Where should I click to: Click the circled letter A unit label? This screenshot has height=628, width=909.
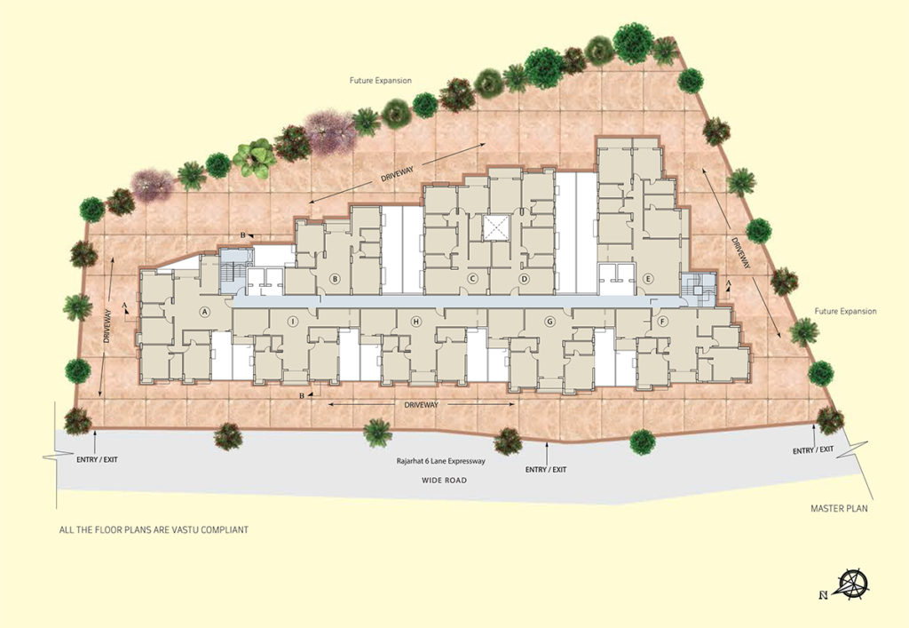coord(203,312)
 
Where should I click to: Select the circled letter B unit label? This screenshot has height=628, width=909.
coord(335,278)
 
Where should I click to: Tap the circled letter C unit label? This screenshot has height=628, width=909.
coord(472,279)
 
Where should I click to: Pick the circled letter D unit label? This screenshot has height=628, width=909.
coord(524,279)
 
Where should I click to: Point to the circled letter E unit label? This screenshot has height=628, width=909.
coord(648,279)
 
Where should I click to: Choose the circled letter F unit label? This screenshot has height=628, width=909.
coord(662,322)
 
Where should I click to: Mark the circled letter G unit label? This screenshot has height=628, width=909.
coord(550,322)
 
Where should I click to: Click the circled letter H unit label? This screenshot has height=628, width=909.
coord(415,322)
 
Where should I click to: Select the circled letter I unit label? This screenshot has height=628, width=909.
coord(293,322)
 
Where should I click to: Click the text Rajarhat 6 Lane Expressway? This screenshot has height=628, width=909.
coord(440,462)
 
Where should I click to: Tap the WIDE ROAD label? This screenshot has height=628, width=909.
coord(444,481)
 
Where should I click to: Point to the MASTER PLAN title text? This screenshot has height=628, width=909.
coord(840,509)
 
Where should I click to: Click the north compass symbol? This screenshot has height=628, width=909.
coord(850,584)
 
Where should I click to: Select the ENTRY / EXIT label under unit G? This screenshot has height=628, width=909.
coord(546,470)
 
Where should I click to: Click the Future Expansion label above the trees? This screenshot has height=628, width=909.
coord(380,81)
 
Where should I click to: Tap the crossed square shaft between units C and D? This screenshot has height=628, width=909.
coord(495,227)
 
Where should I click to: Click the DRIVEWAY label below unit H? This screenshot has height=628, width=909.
coord(422,405)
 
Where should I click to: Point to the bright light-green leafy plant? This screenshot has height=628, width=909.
coord(255,158)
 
